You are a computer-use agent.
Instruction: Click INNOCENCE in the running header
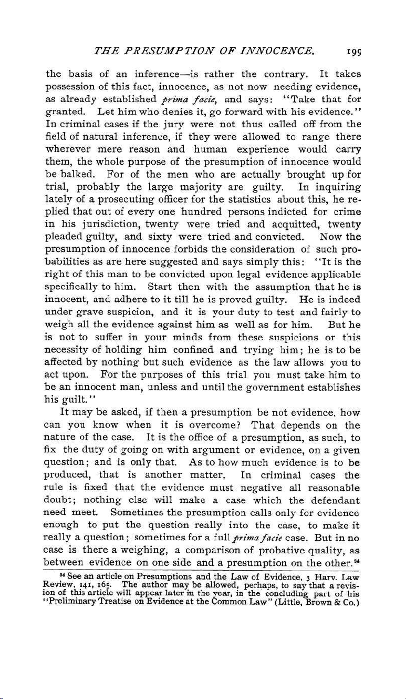click(x=280, y=52)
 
